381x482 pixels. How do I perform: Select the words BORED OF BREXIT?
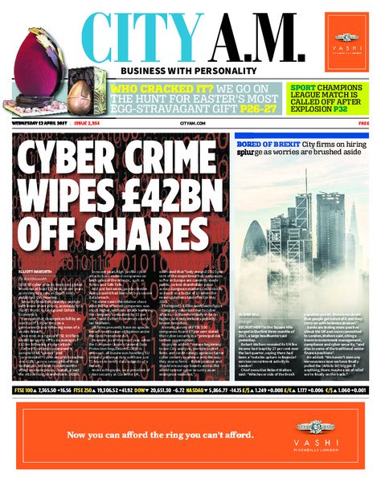[260, 143]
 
